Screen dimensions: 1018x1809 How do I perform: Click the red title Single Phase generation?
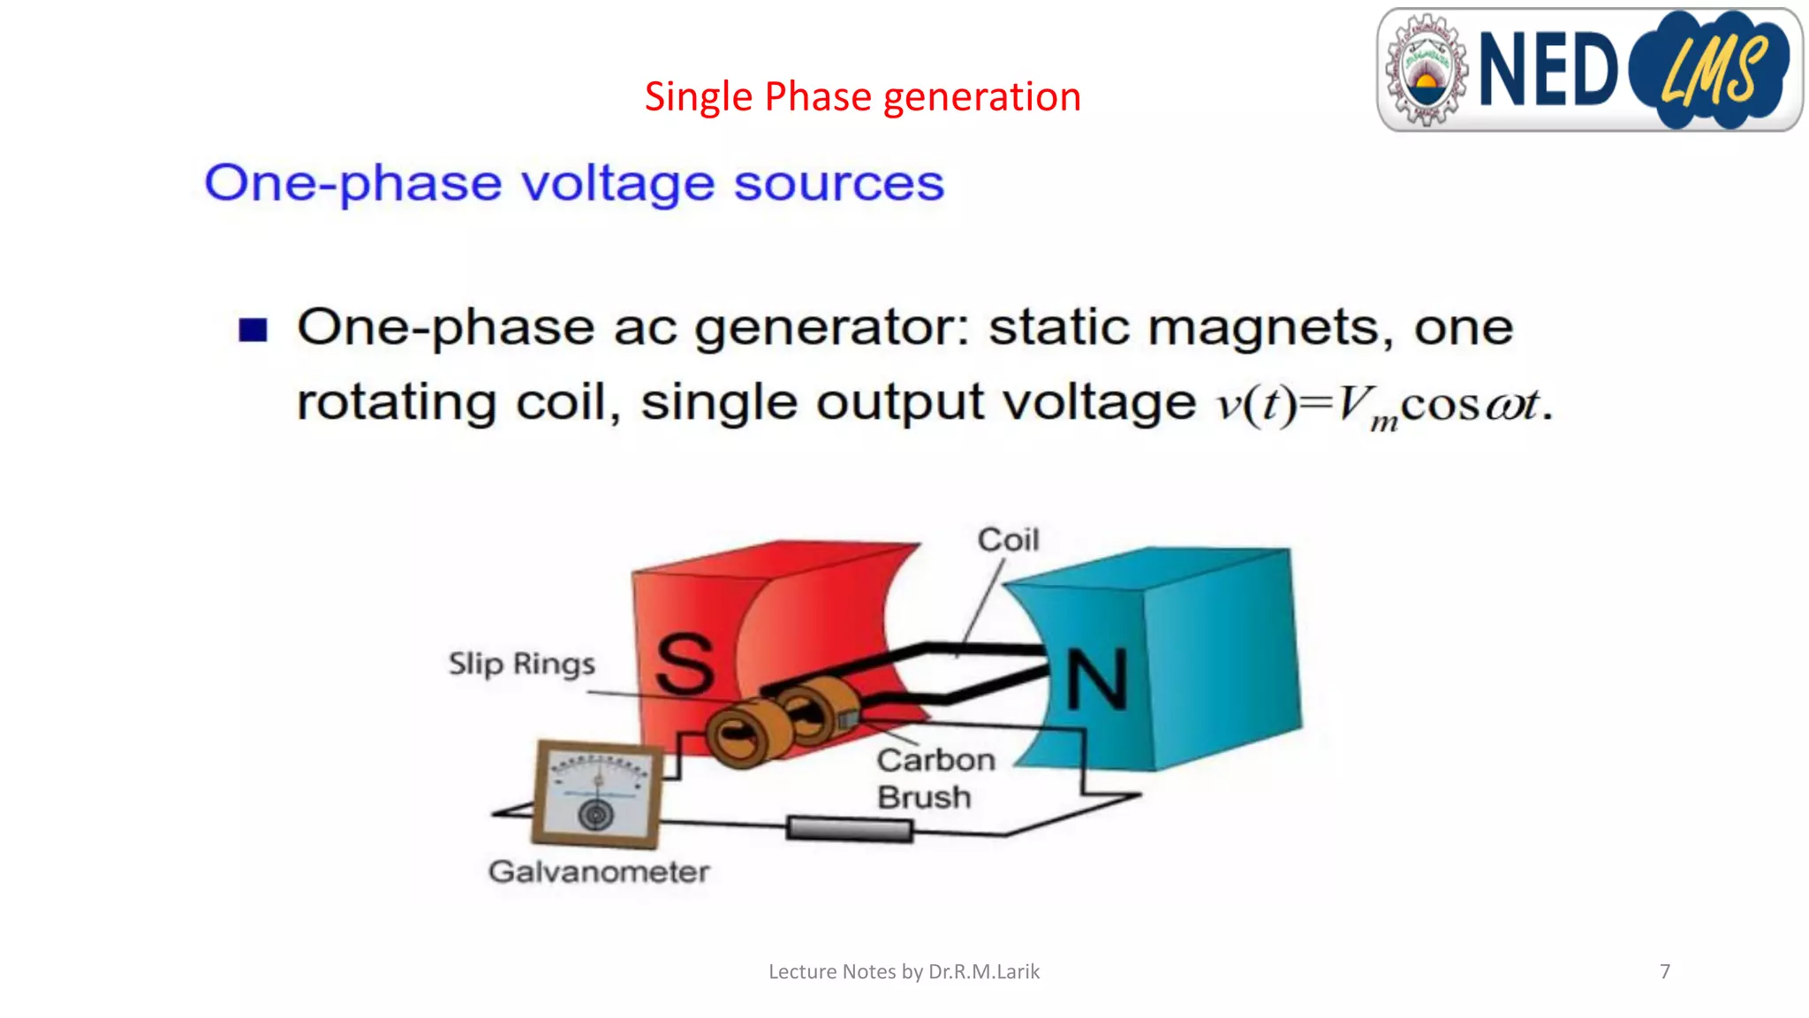[862, 96]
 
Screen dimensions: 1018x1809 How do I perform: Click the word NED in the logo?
[1547, 69]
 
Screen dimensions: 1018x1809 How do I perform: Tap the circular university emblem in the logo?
[1425, 70]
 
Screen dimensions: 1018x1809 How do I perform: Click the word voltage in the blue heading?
[617, 184]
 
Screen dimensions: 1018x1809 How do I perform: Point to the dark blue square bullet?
[253, 330]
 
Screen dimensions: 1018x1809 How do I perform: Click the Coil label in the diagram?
[1008, 540]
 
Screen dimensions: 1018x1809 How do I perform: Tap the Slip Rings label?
[521, 664]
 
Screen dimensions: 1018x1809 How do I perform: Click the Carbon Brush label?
[935, 779]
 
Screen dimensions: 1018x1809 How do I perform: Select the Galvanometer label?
[598, 872]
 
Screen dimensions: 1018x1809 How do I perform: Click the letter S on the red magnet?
[685, 665]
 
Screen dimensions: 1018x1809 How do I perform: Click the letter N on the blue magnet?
[1096, 679]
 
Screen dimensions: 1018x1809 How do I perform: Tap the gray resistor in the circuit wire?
[849, 829]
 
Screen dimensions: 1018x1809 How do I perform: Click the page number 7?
[1664, 971]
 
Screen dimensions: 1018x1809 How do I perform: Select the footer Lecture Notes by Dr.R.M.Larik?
[904, 971]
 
